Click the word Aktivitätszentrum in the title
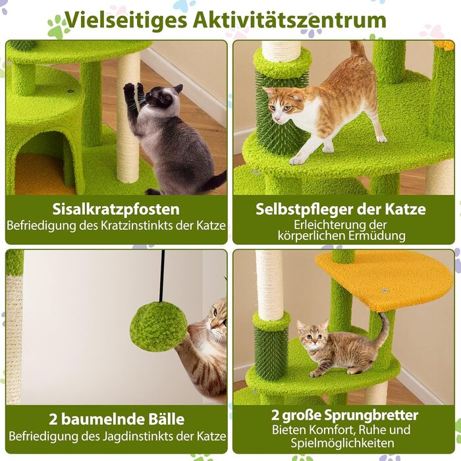[290, 20]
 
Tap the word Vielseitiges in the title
[126, 21]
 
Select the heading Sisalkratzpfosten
[116, 209]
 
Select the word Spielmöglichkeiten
[342, 443]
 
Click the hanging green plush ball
[157, 327]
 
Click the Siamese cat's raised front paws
[134, 91]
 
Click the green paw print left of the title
[58, 28]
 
